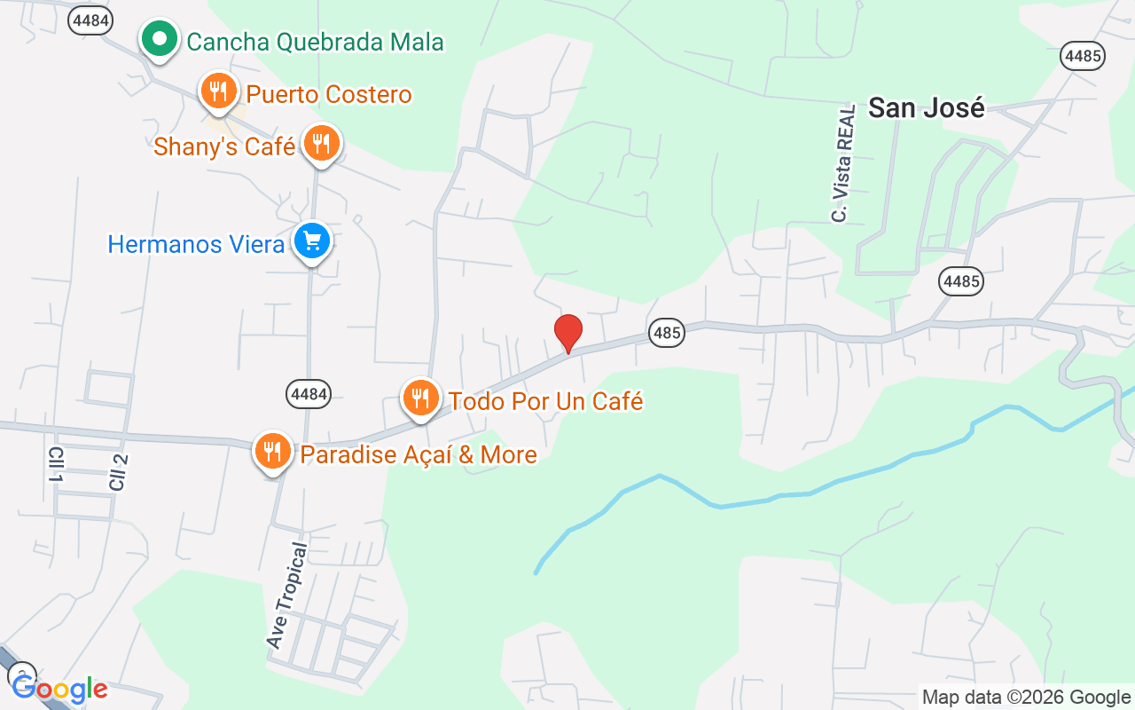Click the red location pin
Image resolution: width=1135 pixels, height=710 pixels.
567,333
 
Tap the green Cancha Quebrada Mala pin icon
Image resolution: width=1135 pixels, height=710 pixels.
159,40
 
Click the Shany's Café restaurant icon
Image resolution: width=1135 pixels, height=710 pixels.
321,144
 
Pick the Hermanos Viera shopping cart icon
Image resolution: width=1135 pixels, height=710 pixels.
312,241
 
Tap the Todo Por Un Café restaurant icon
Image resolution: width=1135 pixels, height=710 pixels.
420,398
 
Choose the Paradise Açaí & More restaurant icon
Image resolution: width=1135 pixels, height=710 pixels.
272,453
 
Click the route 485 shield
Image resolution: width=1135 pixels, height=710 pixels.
666,333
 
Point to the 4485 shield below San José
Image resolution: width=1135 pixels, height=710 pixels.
961,282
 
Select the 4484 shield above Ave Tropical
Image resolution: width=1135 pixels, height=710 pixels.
309,394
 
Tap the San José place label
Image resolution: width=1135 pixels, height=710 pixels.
927,107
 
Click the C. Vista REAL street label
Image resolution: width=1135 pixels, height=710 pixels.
843,163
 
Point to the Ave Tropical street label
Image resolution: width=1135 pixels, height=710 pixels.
288,595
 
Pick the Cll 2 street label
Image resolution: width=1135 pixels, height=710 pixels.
118,471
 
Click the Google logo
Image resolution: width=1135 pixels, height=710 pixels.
59,689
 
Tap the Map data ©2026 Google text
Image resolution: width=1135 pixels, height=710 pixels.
1025,697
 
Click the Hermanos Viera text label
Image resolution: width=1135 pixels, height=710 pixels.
196,244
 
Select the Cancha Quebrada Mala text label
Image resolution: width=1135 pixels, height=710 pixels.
315,41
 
